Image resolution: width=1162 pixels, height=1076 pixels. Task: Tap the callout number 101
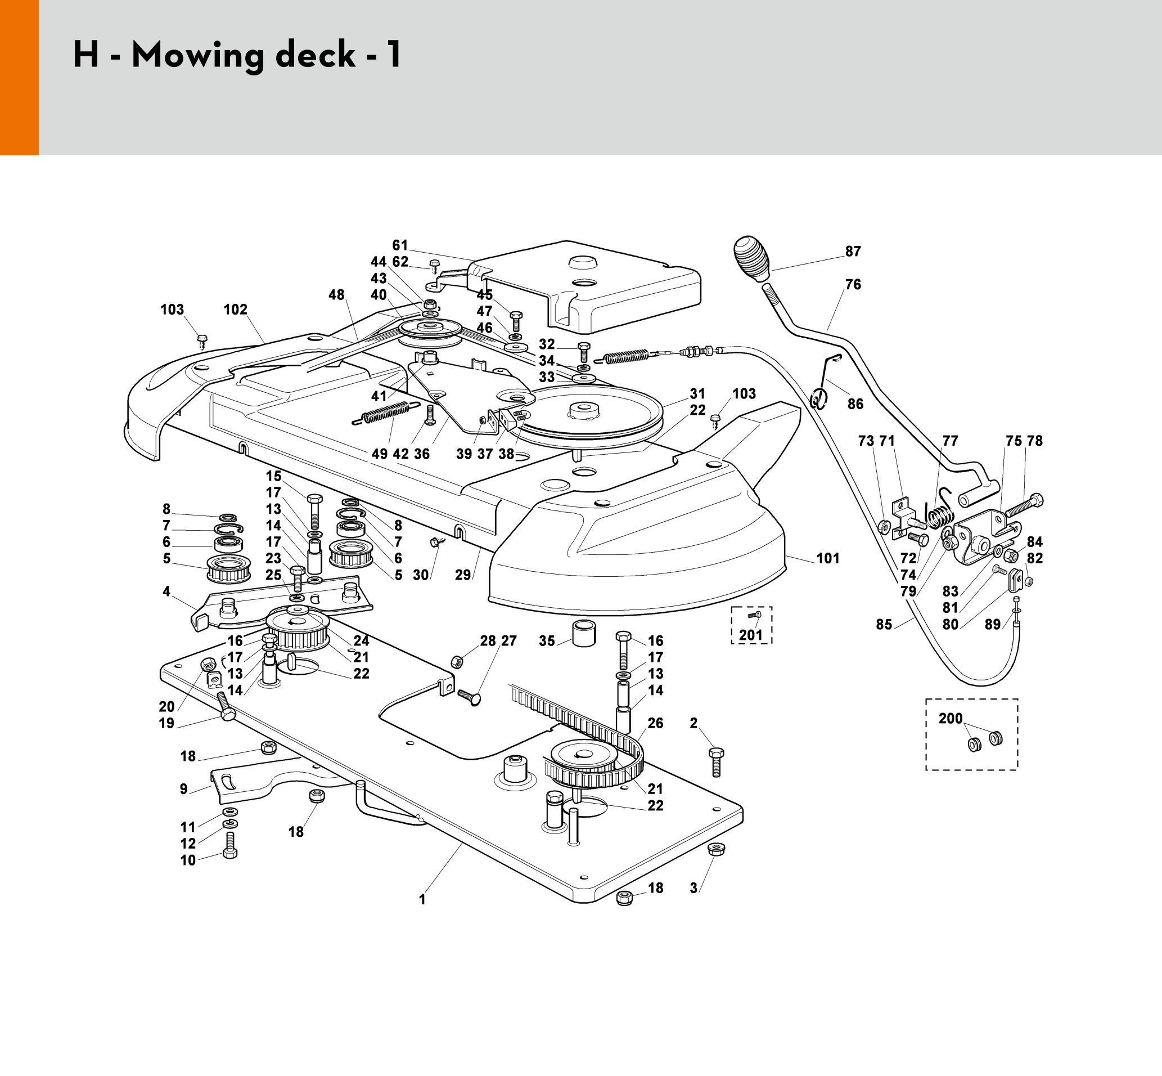pyautogui.click(x=828, y=558)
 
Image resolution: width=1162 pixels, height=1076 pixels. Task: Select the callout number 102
pyautogui.click(x=236, y=309)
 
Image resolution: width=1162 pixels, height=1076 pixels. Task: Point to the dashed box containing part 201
pyautogui.click(x=752, y=625)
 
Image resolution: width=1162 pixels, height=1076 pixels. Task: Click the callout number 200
pyautogui.click(x=951, y=719)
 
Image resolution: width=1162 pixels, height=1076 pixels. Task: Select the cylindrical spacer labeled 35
pyautogui.click(x=584, y=634)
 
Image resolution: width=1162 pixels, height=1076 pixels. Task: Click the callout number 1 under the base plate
pyautogui.click(x=422, y=900)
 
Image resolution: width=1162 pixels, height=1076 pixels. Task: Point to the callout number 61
pyautogui.click(x=400, y=245)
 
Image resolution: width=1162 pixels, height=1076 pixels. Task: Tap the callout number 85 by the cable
pyautogui.click(x=884, y=624)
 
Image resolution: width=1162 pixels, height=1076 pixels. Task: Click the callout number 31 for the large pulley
pyautogui.click(x=697, y=393)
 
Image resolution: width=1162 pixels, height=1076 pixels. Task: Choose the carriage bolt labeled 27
pyautogui.click(x=470, y=696)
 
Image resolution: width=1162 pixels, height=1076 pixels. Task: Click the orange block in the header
pyautogui.click(x=19, y=78)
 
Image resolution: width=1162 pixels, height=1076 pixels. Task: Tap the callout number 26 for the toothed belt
pyautogui.click(x=656, y=723)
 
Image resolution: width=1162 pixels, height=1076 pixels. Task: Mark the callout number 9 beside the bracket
pyautogui.click(x=184, y=789)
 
